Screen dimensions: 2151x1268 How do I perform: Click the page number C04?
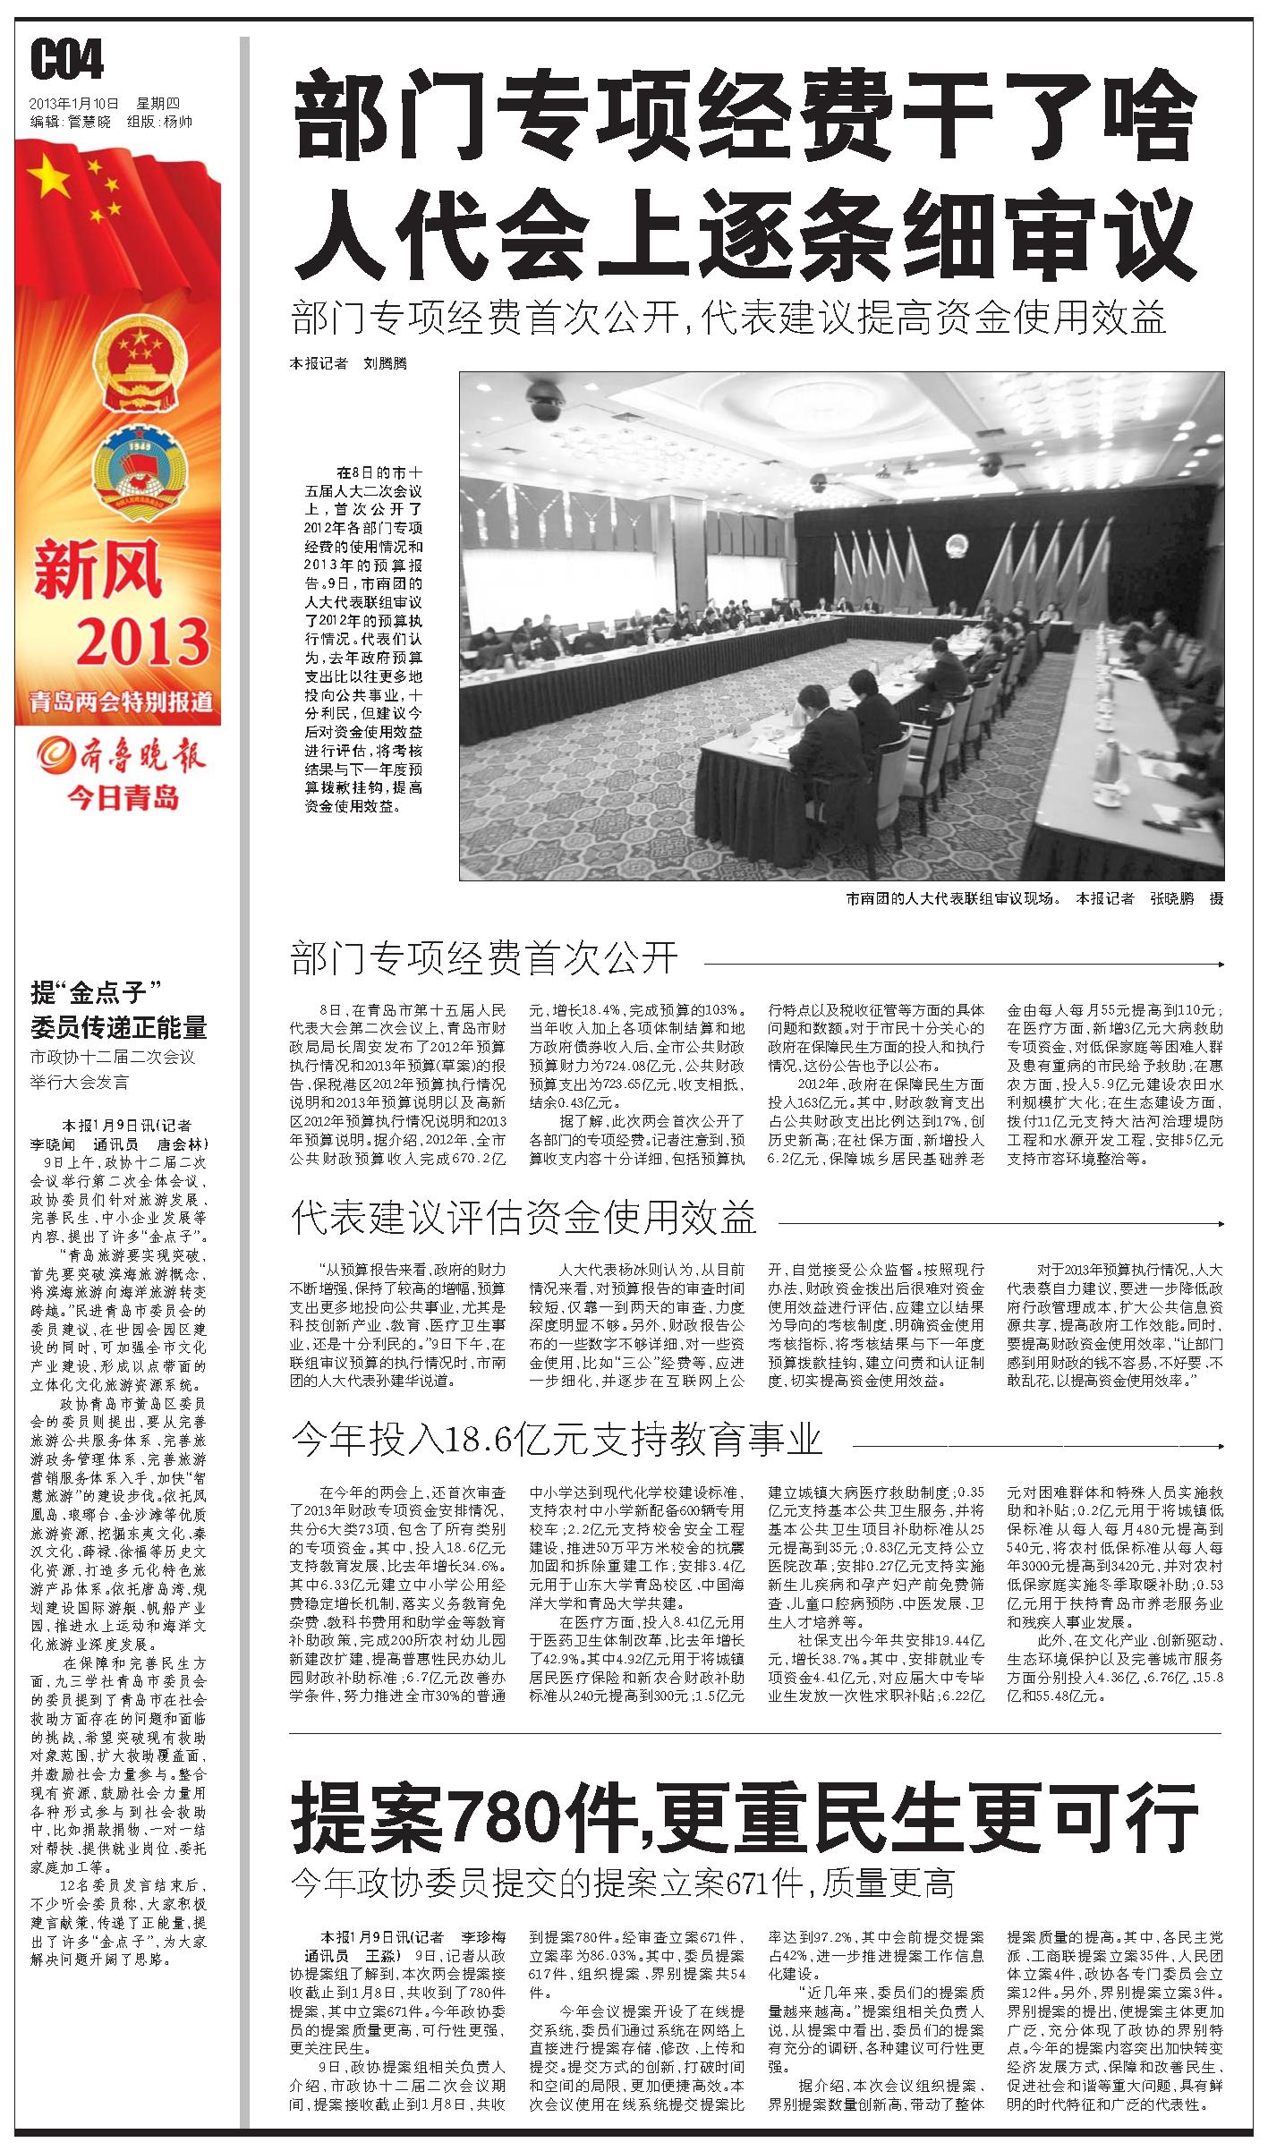tap(67, 61)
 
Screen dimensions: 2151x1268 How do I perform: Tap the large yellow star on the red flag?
tap(50, 181)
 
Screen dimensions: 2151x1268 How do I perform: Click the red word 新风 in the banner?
tap(98, 571)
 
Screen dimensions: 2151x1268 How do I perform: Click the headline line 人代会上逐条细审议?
tap(745, 233)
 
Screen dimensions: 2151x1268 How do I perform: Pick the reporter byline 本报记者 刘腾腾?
tap(347, 364)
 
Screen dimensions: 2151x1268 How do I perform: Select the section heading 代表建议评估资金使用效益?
tap(523, 1217)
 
